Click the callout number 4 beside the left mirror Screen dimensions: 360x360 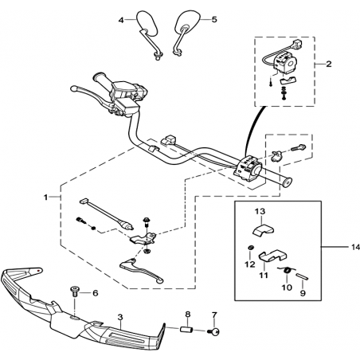point(121,20)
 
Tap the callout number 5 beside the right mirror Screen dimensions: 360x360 point(214,20)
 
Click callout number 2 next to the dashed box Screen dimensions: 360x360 point(329,64)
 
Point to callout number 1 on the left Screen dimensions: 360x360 point(45,198)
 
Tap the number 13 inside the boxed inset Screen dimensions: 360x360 point(260,212)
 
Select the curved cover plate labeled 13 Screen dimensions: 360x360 point(263,229)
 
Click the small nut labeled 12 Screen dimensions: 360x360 point(250,248)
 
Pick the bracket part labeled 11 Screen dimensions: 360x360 point(272,256)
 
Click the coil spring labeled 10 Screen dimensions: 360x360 point(287,271)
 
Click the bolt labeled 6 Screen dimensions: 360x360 point(75,291)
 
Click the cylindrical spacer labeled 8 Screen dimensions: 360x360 point(186,330)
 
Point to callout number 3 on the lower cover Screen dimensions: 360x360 point(120,317)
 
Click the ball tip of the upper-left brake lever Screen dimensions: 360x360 point(73,88)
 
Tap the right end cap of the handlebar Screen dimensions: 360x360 point(288,182)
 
